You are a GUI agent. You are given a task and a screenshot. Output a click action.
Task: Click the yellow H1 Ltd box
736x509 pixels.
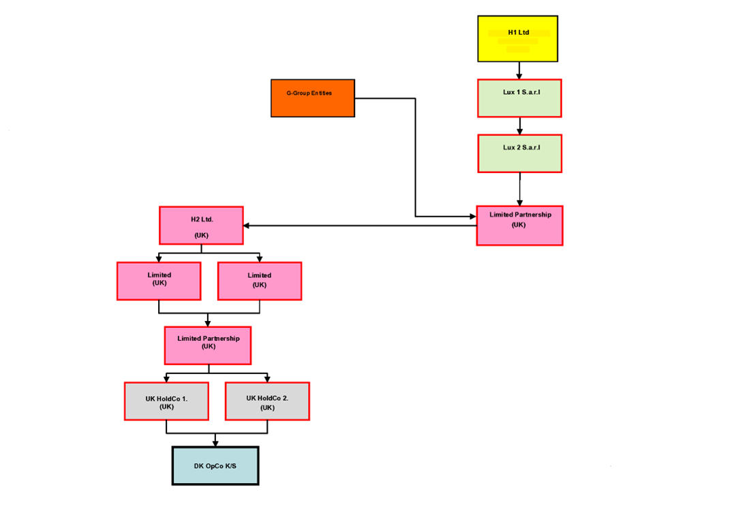(518, 39)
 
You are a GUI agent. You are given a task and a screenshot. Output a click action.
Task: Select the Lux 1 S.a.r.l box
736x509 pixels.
(519, 98)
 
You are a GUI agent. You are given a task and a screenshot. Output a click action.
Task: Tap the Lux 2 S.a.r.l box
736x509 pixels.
(520, 153)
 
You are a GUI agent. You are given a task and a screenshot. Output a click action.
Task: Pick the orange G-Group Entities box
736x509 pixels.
(313, 98)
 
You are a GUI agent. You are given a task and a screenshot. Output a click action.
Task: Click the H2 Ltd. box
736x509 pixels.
(201, 226)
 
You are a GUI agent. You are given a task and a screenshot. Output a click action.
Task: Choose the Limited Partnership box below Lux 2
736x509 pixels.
(519, 225)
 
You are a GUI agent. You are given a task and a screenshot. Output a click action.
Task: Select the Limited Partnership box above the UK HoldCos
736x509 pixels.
(208, 345)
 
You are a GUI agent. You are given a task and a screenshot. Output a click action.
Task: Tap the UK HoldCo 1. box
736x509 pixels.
(166, 401)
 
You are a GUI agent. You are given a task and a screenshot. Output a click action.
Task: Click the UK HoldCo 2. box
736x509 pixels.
(267, 401)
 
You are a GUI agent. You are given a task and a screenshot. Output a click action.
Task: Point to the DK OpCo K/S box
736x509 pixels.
(215, 466)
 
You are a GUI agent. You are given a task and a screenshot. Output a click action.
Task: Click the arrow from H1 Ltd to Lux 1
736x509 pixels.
(519, 70)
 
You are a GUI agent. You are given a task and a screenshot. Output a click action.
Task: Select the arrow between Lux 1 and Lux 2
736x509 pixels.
(520, 126)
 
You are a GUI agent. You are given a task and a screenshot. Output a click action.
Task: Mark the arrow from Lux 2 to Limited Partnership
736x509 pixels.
(520, 189)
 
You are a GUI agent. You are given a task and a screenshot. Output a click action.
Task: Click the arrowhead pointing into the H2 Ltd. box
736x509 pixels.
(247, 226)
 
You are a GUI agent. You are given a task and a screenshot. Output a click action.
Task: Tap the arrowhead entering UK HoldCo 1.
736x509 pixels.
(166, 378)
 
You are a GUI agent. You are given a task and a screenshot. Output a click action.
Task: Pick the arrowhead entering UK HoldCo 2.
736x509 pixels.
(267, 378)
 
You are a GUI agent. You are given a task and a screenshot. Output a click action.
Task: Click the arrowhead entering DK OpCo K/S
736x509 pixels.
(215, 443)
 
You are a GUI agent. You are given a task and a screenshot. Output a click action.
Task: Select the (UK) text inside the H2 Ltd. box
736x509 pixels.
(201, 235)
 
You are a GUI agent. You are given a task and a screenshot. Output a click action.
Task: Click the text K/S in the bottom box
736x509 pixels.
(230, 467)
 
